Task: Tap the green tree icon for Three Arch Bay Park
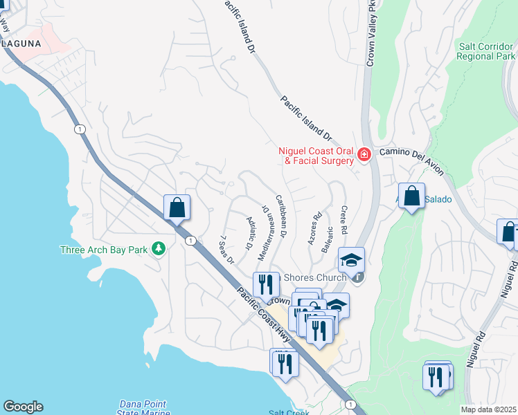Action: (x=159, y=248)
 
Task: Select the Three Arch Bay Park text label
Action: (x=105, y=249)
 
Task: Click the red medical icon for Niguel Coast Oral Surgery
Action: (x=364, y=155)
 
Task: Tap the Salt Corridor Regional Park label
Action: (x=487, y=51)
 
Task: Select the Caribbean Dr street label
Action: (x=281, y=216)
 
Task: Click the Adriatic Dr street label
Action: (x=249, y=232)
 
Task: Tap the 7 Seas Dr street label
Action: (x=226, y=250)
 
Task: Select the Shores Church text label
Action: (x=315, y=278)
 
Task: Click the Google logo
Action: (x=23, y=406)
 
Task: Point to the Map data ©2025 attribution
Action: (x=488, y=409)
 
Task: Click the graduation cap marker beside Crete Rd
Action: (x=351, y=260)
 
